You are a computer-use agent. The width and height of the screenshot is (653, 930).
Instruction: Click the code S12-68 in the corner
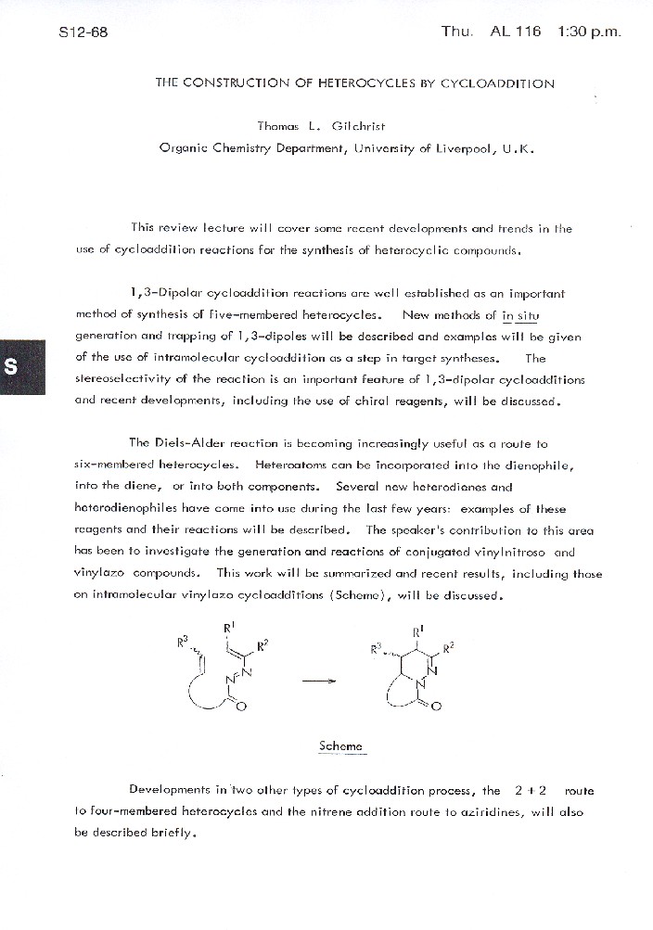pyautogui.click(x=83, y=32)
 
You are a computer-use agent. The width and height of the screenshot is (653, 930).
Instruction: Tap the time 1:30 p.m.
pyautogui.click(x=589, y=32)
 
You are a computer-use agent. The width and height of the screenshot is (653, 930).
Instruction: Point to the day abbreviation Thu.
pyautogui.click(x=456, y=32)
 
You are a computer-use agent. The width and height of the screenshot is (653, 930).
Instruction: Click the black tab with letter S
pyautogui.click(x=12, y=364)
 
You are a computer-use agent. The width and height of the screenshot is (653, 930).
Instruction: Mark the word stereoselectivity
pyautogui.click(x=117, y=380)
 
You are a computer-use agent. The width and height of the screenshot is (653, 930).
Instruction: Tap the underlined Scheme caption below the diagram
pyautogui.click(x=340, y=745)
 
